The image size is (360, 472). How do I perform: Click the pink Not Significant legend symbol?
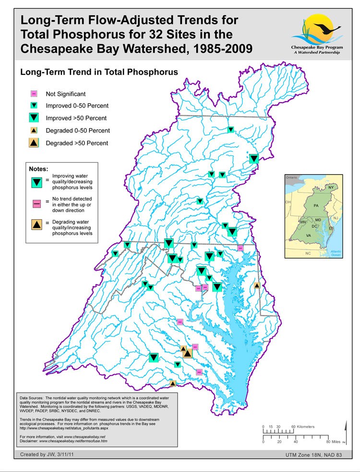(34, 94)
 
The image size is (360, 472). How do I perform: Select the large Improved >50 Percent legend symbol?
(34, 118)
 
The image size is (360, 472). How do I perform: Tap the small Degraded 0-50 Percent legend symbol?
(34, 130)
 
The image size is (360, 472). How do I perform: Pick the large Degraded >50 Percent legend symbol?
(34, 142)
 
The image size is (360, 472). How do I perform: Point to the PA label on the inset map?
(316, 205)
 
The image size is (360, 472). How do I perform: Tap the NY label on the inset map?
(331, 187)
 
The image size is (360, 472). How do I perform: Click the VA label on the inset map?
(309, 236)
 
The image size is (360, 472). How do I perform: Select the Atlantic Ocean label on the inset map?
(335, 253)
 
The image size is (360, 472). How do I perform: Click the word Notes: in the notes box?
(39, 169)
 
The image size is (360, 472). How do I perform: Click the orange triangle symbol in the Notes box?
(36, 224)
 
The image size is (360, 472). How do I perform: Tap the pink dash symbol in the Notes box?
(36, 203)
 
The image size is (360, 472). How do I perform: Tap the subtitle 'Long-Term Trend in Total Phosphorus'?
(99, 72)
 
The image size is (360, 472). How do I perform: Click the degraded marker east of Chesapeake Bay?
(257, 285)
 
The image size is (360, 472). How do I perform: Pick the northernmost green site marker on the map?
(230, 129)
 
